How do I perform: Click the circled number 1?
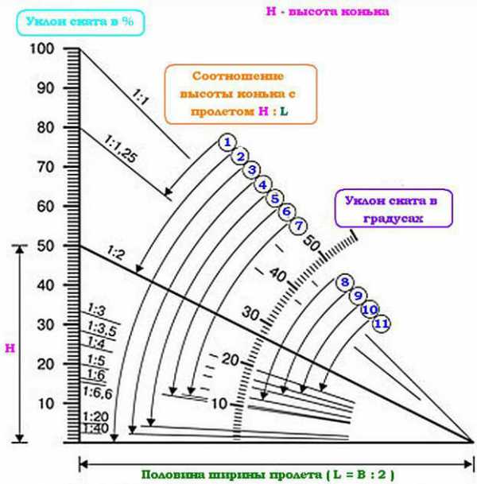point(227,142)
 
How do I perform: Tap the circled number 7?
point(298,226)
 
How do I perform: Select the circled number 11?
point(382,323)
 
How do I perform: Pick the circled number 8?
point(345,282)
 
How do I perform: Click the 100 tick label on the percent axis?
point(42,48)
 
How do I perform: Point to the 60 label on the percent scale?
point(45,206)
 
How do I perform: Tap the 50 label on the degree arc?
point(311,242)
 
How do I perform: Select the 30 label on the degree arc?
point(250,313)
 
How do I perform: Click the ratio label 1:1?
point(141,97)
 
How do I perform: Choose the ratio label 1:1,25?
point(120,149)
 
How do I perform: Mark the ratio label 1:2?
point(115,254)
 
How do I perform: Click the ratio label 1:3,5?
point(102,328)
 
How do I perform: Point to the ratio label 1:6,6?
point(98,393)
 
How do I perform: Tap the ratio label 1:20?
point(95,416)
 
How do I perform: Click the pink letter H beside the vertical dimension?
point(10,348)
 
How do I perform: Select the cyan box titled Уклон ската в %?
point(80,22)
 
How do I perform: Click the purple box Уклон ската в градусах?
point(394,208)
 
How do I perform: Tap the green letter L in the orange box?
point(284,111)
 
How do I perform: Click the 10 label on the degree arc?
point(219,404)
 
